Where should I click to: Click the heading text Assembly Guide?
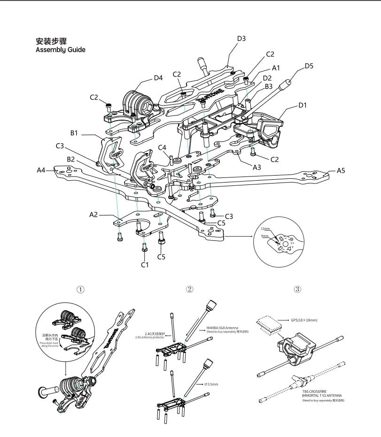(61, 50)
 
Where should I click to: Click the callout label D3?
(241, 38)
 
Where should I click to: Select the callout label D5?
(309, 66)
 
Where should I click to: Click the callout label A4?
(42, 170)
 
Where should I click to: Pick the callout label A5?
(341, 170)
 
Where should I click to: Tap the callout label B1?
(74, 133)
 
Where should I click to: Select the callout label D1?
(302, 105)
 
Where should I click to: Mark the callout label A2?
(93, 215)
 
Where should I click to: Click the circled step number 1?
(81, 290)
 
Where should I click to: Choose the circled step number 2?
(190, 289)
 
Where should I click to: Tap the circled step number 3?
(297, 289)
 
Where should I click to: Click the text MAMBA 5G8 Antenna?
(222, 328)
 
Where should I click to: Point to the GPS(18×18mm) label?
(304, 320)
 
